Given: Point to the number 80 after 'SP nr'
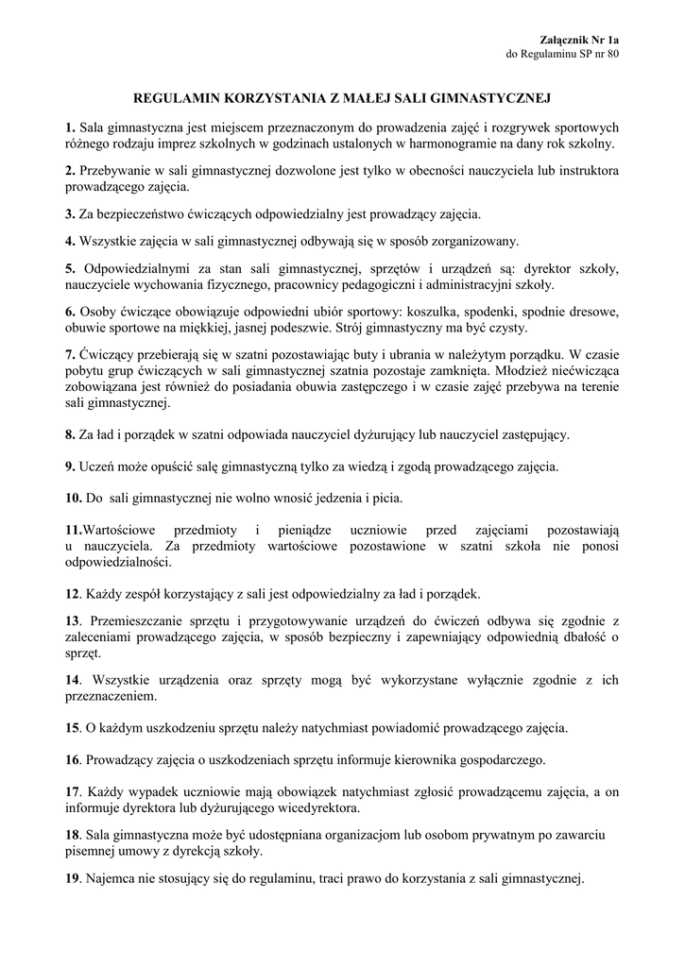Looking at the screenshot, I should [611, 54].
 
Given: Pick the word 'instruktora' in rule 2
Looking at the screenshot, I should [583, 170].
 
